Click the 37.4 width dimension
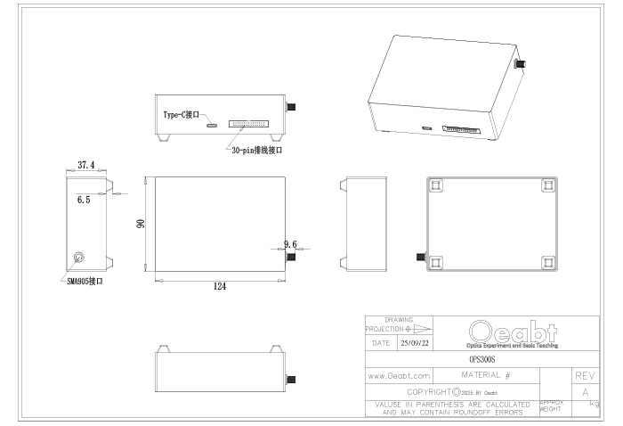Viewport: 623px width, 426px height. pyautogui.click(x=85, y=165)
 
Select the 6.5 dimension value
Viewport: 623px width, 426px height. pyautogui.click(x=84, y=201)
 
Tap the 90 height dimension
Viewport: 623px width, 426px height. pyautogui.click(x=140, y=225)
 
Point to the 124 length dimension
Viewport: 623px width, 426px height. pyautogui.click(x=218, y=286)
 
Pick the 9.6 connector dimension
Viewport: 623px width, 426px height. pyautogui.click(x=290, y=243)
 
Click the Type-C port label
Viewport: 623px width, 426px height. pyautogui.click(x=184, y=116)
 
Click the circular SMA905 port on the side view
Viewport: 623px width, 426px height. pyautogui.click(x=79, y=258)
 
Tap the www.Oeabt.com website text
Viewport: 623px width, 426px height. pyautogui.click(x=399, y=376)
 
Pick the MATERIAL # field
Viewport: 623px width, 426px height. pyautogui.click(x=486, y=376)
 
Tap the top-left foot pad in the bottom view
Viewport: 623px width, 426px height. pyautogui.click(x=435, y=184)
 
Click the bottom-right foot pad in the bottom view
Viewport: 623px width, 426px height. pyautogui.click(x=547, y=262)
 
